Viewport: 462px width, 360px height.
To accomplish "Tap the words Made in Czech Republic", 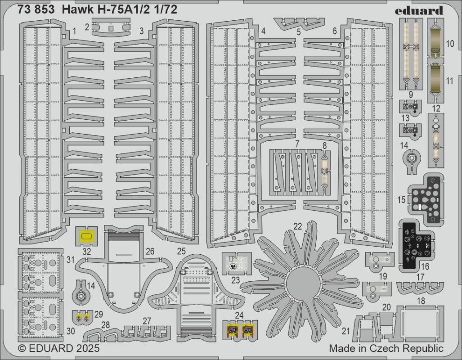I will click(386, 348).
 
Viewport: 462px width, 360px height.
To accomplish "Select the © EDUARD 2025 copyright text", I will click(58, 348).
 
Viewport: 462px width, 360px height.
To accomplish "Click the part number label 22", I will click(298, 226).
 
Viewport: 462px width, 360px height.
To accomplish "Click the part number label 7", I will click(297, 144).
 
